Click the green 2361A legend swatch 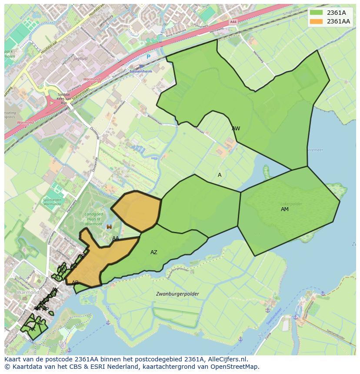pyautogui.click(x=316, y=13)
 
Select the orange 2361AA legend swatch pyautogui.click(x=316, y=21)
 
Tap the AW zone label pyautogui.click(x=236, y=129)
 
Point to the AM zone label pyautogui.click(x=285, y=209)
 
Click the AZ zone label pyautogui.click(x=153, y=252)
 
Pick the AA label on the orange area pyautogui.click(x=116, y=238)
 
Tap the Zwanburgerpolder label pyautogui.click(x=177, y=294)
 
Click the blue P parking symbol pyautogui.click(x=148, y=57)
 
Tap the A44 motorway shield pyautogui.click(x=233, y=22)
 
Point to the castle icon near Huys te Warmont pyautogui.click(x=109, y=227)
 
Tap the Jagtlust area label pyautogui.click(x=80, y=58)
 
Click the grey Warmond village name pyautogui.click(x=28, y=293)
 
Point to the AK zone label pyautogui.click(x=32, y=329)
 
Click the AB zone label pyautogui.click(x=75, y=283)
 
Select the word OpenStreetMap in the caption pyautogui.click(x=237, y=367)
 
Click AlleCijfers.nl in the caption pyautogui.click(x=226, y=359)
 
